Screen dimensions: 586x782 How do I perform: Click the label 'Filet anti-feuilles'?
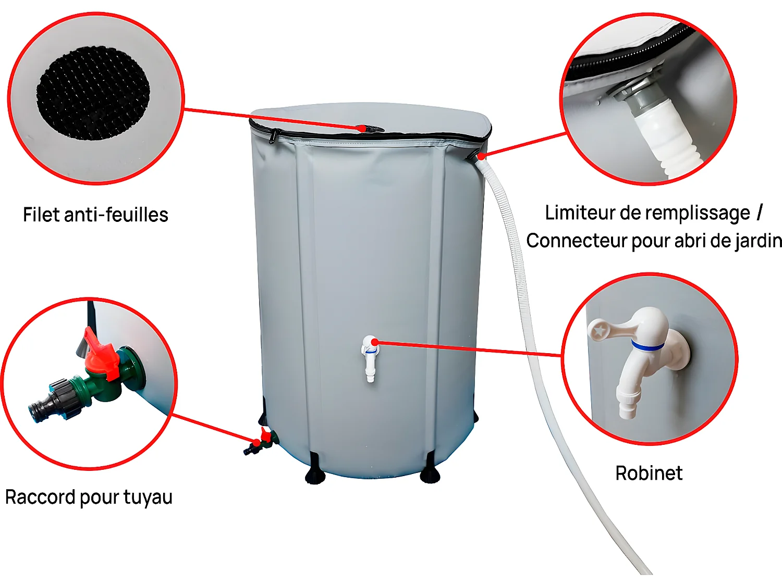(x=95, y=215)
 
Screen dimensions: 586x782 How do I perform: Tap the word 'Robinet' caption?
(x=649, y=473)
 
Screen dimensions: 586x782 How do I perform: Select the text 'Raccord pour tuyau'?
(x=89, y=497)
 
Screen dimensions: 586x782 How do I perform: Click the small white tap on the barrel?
(x=370, y=357)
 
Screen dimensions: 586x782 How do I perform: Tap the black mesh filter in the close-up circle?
(x=93, y=93)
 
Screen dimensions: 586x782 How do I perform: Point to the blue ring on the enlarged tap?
(x=647, y=345)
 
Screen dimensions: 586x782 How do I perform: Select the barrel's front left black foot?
(x=315, y=469)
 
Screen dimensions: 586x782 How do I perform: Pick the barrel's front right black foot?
(x=430, y=469)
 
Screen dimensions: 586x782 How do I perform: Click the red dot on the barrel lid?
(x=361, y=128)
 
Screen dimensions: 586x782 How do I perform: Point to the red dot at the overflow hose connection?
(x=481, y=156)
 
